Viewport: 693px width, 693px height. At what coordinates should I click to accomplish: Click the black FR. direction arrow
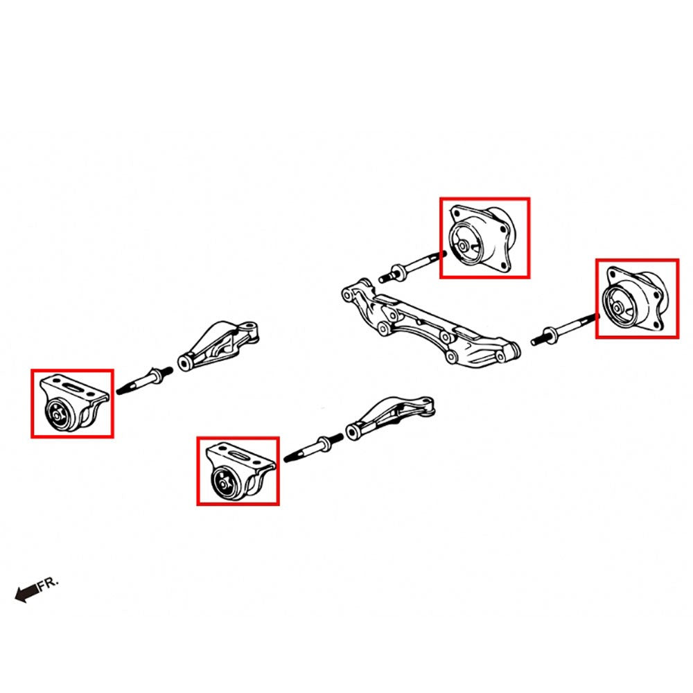point(26,593)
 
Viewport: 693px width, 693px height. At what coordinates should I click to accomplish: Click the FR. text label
point(49,584)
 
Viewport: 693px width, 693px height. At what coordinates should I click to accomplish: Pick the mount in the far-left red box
point(73,405)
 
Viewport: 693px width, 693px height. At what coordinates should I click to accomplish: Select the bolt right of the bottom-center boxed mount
point(313,447)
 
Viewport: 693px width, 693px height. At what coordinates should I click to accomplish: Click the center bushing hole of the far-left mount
point(57,415)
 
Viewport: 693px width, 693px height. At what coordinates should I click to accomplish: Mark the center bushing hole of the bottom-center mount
point(222,484)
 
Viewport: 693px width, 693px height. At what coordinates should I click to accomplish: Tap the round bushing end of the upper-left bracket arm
point(185,362)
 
